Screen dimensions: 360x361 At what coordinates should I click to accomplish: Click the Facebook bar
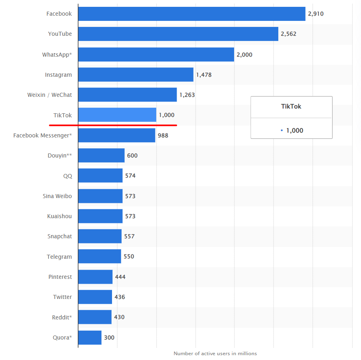click(192, 14)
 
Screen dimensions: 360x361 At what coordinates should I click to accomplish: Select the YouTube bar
click(178, 34)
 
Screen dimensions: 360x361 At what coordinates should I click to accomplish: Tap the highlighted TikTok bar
click(117, 115)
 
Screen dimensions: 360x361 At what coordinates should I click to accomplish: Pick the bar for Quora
click(90, 337)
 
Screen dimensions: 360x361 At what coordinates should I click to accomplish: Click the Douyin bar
click(101, 155)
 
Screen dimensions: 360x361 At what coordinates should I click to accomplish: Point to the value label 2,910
click(316, 14)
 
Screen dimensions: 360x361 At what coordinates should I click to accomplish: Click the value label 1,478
click(204, 75)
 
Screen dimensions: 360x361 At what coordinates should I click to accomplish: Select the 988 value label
click(163, 135)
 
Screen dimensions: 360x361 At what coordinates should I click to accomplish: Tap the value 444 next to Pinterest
click(120, 277)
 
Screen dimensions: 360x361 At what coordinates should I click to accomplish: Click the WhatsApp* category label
click(57, 54)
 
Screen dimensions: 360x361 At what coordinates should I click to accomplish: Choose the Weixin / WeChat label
click(49, 95)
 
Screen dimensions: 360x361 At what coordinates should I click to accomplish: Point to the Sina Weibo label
click(57, 196)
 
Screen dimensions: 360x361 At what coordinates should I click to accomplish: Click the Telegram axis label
click(59, 257)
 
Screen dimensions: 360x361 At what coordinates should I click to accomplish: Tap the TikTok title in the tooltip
click(291, 106)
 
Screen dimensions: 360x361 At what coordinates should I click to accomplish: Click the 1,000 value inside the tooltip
click(294, 130)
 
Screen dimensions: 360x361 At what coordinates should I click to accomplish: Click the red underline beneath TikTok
click(116, 125)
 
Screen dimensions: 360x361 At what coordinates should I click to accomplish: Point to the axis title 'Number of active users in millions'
click(215, 354)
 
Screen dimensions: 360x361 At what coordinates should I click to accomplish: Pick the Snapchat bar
click(100, 236)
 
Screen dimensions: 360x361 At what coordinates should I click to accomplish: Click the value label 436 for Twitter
click(120, 297)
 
